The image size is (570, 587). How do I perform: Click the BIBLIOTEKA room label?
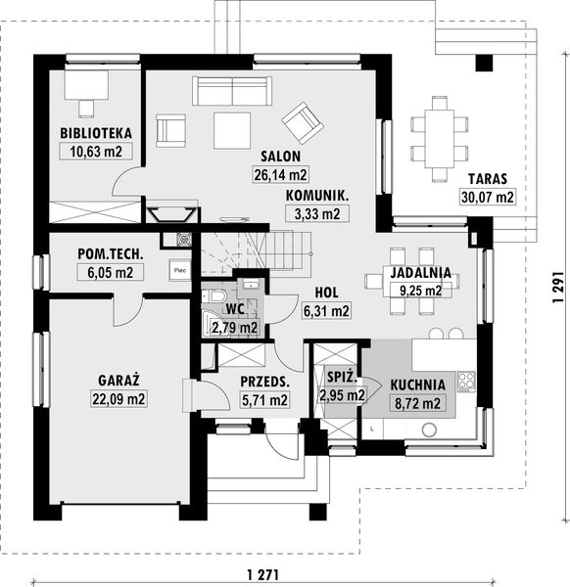click(96, 133)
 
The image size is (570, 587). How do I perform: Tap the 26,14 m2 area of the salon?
click(281, 174)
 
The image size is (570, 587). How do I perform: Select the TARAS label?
click(487, 179)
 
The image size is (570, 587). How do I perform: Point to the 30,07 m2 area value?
click(487, 197)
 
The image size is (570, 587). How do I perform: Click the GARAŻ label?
click(119, 381)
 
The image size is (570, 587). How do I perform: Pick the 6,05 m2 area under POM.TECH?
click(110, 272)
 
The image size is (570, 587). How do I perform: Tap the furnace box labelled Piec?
click(180, 270)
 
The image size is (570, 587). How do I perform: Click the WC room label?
click(236, 309)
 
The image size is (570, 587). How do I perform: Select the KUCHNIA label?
click(418, 385)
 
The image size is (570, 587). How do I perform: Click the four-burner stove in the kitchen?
click(466, 382)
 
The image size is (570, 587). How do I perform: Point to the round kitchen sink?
click(429, 429)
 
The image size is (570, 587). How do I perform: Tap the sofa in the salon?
click(232, 91)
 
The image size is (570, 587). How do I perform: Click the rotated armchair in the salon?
click(303, 123)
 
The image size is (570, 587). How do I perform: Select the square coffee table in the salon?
click(232, 131)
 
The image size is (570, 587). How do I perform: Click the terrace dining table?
click(440, 139)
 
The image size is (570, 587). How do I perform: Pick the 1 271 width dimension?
click(263, 574)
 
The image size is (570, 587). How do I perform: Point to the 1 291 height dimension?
click(558, 287)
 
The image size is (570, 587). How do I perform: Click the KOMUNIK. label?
click(317, 196)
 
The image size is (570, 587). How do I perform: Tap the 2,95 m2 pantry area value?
click(342, 395)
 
